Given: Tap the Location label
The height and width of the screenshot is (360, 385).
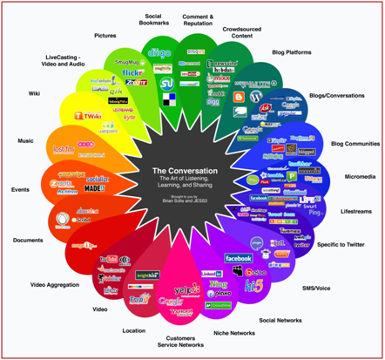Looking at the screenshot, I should [133, 329].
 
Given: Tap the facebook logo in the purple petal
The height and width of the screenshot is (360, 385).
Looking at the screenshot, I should [239, 258].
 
